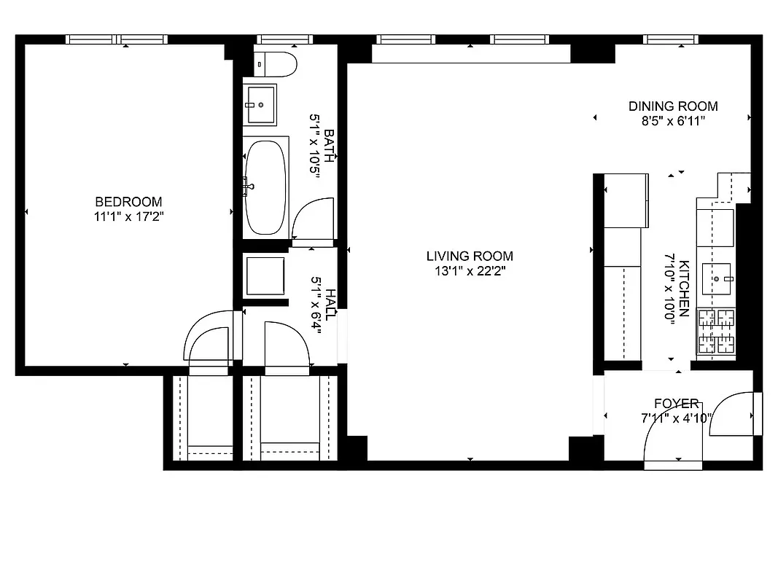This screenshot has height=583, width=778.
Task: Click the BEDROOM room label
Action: coord(128,202)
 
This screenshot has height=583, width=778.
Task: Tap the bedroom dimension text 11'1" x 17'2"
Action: coord(128,216)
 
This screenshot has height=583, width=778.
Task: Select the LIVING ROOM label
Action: coord(470,256)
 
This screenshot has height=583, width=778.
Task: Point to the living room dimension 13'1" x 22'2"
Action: coord(470,270)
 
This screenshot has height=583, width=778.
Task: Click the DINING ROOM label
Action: coord(673,106)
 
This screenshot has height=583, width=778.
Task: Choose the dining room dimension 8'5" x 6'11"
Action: coord(673,121)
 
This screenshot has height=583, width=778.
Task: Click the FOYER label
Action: coord(676,403)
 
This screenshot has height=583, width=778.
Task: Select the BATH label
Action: coord(330,146)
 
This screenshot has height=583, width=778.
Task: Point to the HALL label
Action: coord(330,304)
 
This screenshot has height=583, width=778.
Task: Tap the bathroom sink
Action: coord(260,105)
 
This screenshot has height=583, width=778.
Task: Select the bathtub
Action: coord(266,186)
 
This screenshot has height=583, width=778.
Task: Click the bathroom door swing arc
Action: coord(311,219)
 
